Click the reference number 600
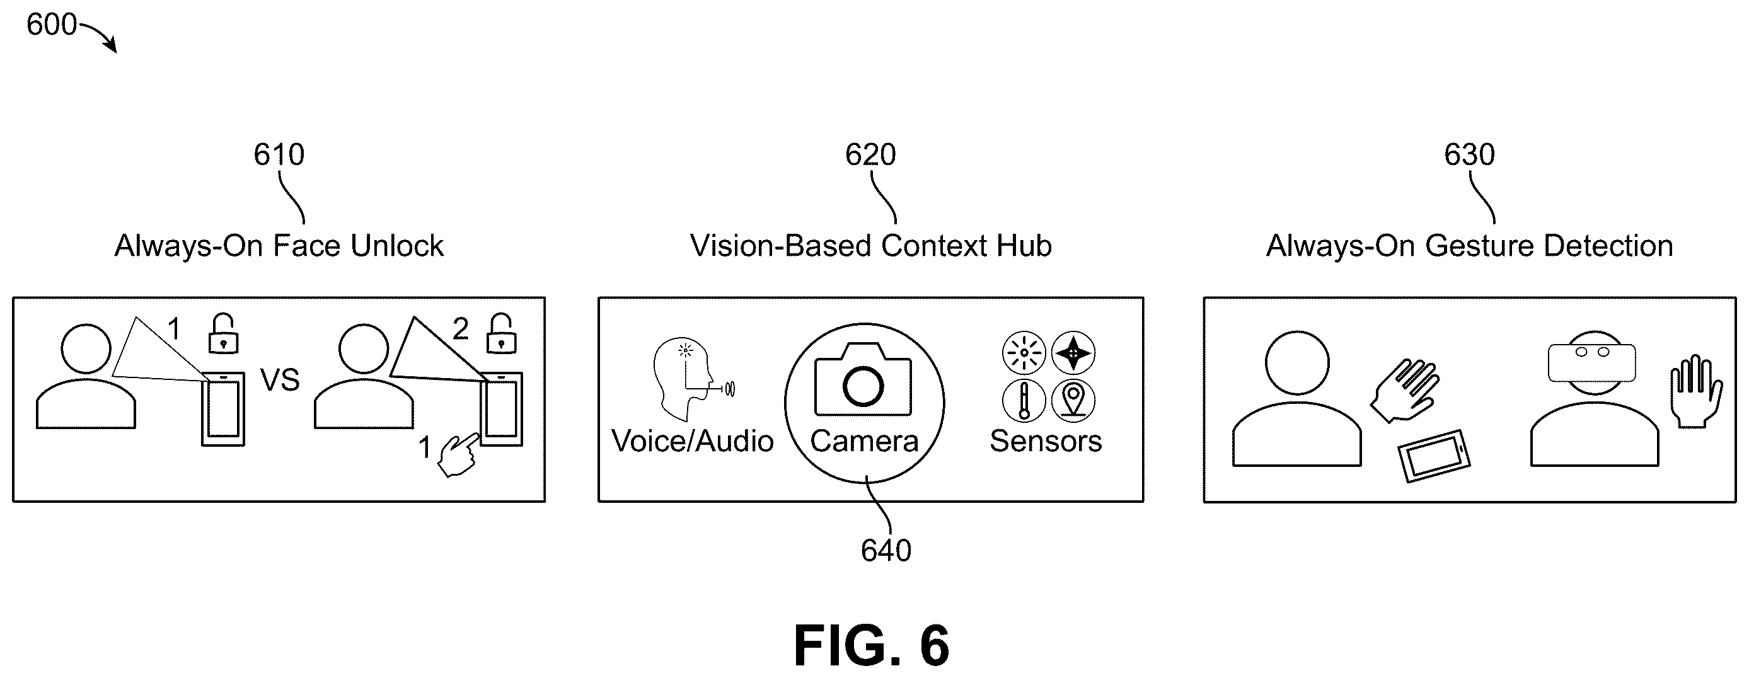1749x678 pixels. click(x=52, y=25)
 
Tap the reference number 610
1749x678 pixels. click(x=279, y=155)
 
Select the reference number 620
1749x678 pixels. click(x=870, y=155)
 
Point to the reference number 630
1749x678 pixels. click(x=1469, y=155)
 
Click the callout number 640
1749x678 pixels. click(x=886, y=551)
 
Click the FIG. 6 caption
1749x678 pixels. click(x=872, y=646)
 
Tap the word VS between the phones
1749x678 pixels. click(x=280, y=380)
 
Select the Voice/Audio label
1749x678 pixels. click(x=693, y=441)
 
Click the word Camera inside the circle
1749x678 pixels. click(x=863, y=441)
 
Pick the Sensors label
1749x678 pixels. click(x=1046, y=441)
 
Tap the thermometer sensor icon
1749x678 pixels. click(x=1024, y=400)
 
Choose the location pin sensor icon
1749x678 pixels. click(x=1073, y=400)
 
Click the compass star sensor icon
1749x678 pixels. click(x=1073, y=353)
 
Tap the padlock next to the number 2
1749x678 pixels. click(x=501, y=333)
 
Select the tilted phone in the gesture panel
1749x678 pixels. click(x=1434, y=456)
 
